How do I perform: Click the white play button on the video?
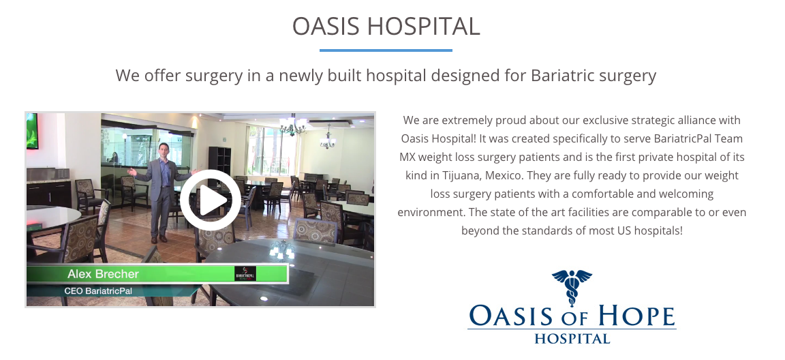coord(211,200)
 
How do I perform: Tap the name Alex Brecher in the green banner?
coord(103,274)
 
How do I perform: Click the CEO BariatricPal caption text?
coord(98,291)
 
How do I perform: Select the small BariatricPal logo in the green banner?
coord(245,273)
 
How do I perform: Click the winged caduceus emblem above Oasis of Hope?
coord(572,286)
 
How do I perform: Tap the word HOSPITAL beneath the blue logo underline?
coord(572,338)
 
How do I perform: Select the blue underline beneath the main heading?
coord(386,50)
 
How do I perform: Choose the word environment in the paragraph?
coord(431,212)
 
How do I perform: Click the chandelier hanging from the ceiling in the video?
coord(294,125)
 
